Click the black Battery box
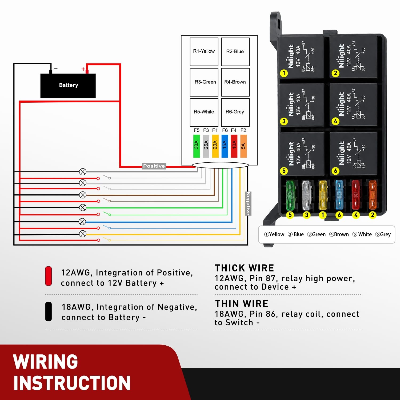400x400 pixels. coord(68,86)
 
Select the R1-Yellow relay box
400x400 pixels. coord(204,52)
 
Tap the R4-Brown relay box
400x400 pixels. coord(235,82)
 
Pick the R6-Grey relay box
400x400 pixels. coord(235,112)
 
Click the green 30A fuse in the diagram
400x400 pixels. coord(197,146)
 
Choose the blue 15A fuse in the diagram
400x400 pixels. coord(225,146)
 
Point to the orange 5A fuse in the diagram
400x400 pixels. coord(243,146)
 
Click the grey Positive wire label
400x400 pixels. coord(154,166)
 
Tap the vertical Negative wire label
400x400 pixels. coord(248,203)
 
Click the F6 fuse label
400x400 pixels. coord(225,130)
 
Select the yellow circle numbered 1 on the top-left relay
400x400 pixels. coord(284,73)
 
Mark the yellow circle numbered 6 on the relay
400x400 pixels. coord(335,171)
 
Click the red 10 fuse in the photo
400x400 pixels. coord(355,195)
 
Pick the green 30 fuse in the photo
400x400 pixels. coord(290,195)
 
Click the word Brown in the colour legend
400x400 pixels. coord(341,234)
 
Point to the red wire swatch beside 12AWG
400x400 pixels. coord(49,276)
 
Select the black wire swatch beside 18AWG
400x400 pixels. coord(49,311)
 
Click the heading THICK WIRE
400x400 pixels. coord(244,268)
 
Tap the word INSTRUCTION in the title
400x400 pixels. coord(72,383)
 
